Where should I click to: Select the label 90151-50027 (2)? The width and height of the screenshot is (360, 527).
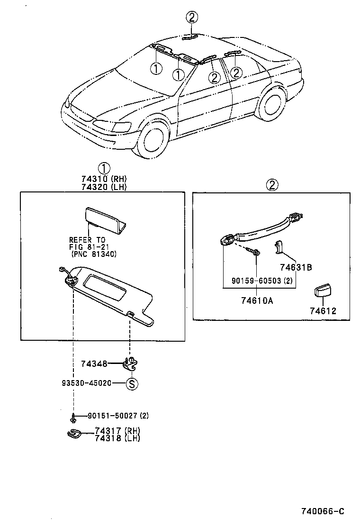(x=118, y=416)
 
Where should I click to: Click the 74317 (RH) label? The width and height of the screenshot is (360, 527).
(x=117, y=430)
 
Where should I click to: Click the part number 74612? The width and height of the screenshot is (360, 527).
(x=323, y=311)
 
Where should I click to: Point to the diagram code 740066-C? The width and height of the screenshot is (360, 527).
(x=322, y=511)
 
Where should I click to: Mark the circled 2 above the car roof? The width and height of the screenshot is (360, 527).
(x=191, y=18)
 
